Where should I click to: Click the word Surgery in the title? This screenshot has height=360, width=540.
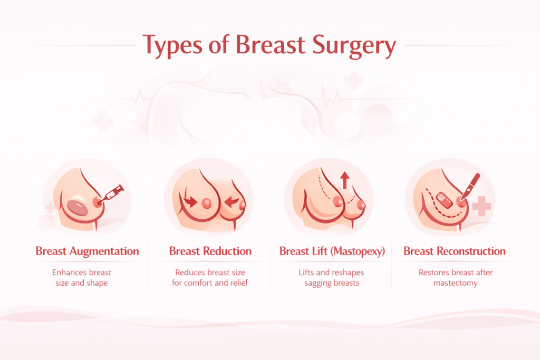354,46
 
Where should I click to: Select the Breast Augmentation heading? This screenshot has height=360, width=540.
87,251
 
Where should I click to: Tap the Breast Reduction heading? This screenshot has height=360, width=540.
210,251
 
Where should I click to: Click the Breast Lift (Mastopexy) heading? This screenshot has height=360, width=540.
332,251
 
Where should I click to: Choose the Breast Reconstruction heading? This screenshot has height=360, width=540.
455,251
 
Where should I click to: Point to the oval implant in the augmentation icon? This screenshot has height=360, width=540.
78,208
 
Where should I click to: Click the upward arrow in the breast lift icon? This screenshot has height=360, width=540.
345,180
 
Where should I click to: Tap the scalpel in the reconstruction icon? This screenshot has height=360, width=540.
470,187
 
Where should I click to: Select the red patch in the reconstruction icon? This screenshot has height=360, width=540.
445,200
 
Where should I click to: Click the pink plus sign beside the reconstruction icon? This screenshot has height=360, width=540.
481,206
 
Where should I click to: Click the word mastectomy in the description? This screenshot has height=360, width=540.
455,283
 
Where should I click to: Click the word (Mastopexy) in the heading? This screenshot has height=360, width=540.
358,251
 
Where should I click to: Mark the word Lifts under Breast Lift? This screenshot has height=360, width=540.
306,273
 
